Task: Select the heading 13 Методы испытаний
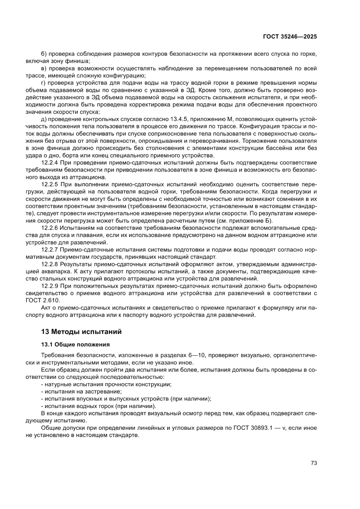point(81,332)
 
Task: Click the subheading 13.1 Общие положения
point(75,344)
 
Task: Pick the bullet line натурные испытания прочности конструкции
point(106,384)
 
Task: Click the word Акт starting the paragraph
point(46,307)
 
